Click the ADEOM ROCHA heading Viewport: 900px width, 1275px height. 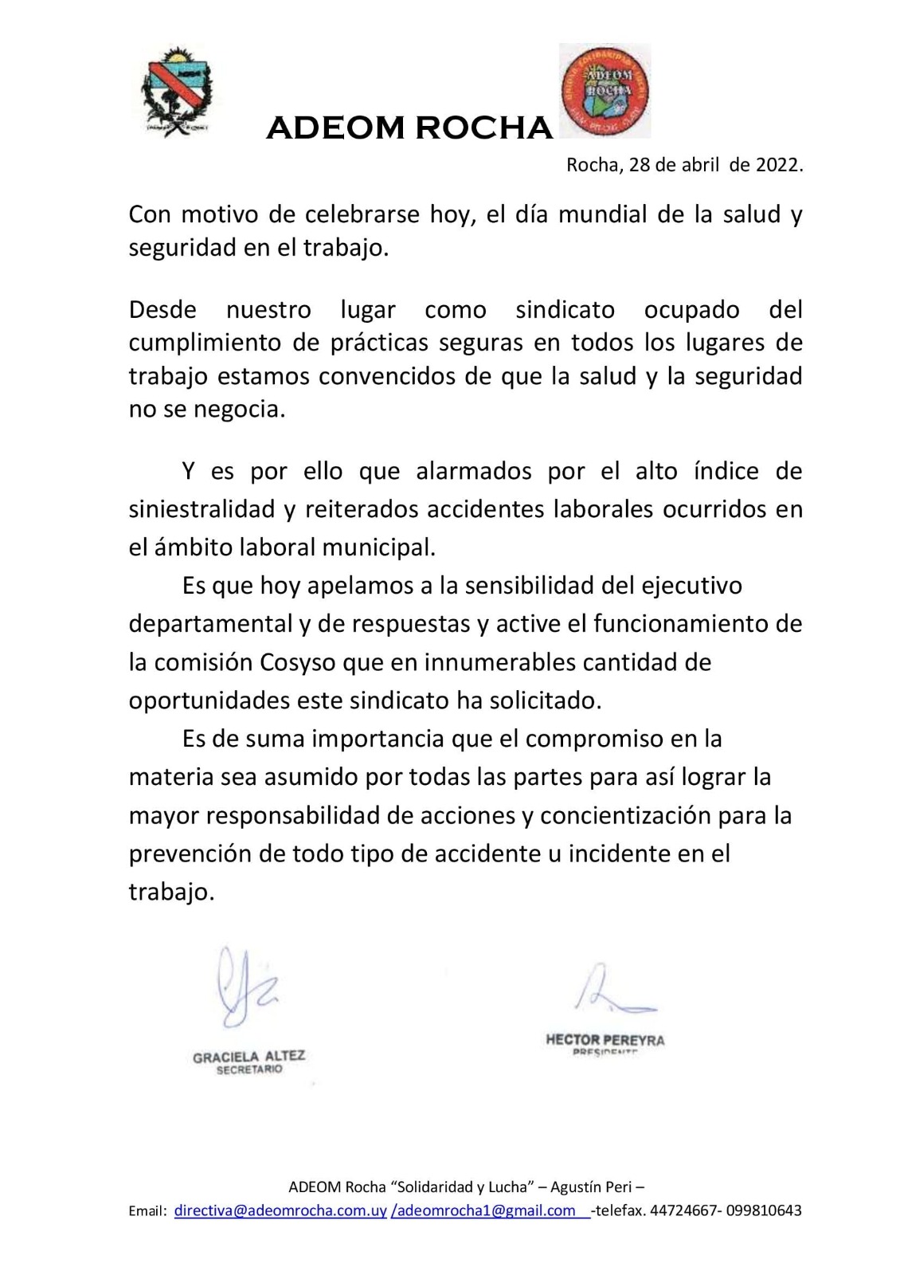coord(409,127)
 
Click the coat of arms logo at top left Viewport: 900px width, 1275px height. coord(178,92)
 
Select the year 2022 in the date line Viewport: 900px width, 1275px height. coord(777,165)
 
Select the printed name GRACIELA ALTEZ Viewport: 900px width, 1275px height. coord(248,1057)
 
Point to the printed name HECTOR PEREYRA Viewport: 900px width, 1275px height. coord(605,1040)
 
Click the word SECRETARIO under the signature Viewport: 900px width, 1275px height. coord(249,1069)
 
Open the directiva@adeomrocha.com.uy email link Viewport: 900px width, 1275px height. coord(280,1210)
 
